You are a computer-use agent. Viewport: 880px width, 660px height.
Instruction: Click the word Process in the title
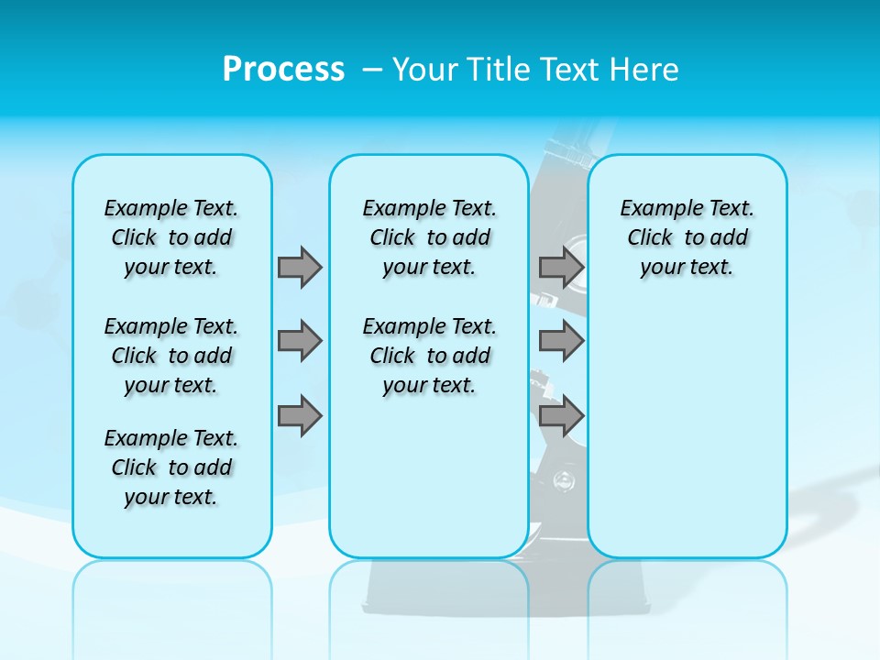[x=283, y=69]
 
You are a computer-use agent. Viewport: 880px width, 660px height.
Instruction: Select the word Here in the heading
[x=644, y=69]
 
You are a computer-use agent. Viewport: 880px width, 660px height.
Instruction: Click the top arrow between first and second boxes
[x=300, y=267]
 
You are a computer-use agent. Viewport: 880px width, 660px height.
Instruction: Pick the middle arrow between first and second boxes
[x=300, y=341]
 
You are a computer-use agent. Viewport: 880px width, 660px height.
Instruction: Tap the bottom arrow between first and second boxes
[x=300, y=416]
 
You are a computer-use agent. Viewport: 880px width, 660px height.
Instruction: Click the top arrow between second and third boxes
[x=561, y=267]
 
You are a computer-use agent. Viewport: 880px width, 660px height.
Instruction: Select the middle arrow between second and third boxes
[x=561, y=341]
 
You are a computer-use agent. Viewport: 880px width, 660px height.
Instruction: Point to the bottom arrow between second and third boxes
[x=561, y=416]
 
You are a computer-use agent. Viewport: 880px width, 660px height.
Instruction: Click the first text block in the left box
[x=171, y=237]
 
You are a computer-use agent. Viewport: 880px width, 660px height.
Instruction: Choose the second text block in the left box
[x=171, y=356]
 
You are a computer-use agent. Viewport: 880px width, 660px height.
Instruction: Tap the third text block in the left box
[x=171, y=467]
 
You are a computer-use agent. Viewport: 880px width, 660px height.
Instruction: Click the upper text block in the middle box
[x=429, y=237]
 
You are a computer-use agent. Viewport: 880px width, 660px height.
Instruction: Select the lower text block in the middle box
[x=429, y=356]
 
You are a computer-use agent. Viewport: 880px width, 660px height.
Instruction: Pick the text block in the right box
[x=687, y=237]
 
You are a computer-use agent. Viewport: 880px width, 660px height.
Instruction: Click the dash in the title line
[x=372, y=70]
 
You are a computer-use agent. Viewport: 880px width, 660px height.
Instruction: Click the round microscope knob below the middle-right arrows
[x=564, y=478]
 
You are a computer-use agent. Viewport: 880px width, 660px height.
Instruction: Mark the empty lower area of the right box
[x=687, y=422]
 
